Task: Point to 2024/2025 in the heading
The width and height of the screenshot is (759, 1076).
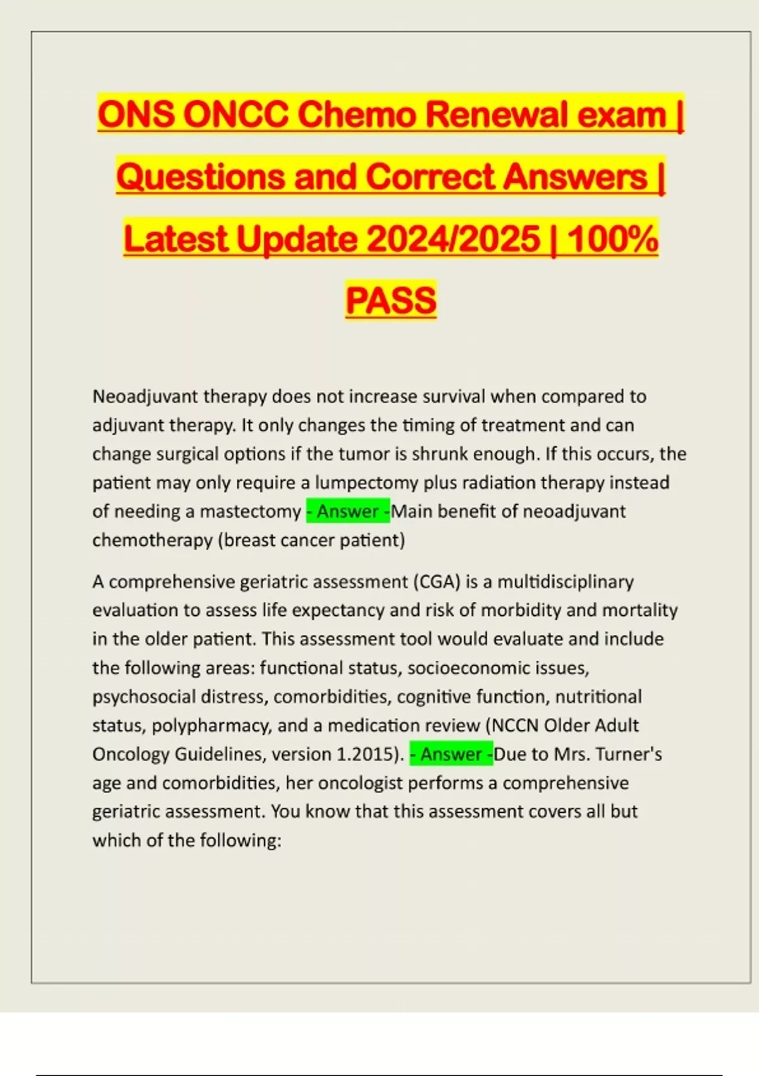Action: point(453,239)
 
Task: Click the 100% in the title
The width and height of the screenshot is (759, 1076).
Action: point(612,239)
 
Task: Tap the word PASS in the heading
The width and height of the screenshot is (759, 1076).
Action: point(391,300)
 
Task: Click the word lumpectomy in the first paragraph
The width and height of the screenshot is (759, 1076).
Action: point(367,483)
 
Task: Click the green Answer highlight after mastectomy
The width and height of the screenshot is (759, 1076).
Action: point(348,511)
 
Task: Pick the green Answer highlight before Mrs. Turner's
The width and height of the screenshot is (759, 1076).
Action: point(451,754)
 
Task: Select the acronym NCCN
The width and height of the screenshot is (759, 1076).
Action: point(514,725)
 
